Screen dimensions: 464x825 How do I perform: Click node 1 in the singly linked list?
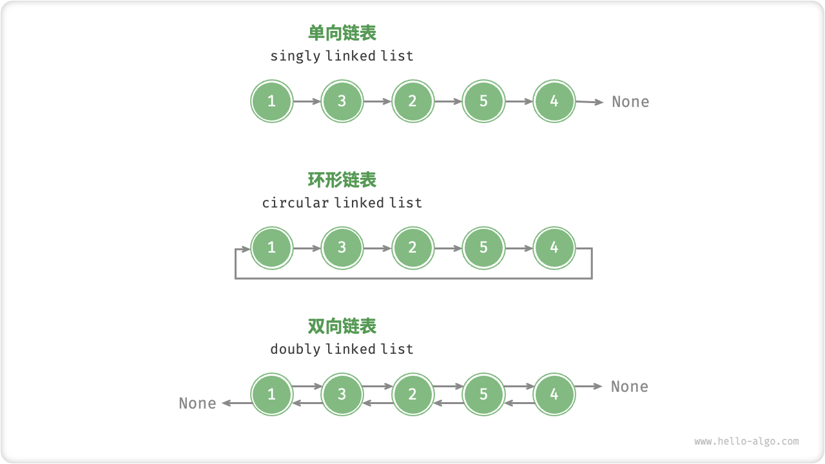[271, 101]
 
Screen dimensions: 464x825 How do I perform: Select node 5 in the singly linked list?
[483, 101]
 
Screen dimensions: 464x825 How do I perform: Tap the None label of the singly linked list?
[630, 102]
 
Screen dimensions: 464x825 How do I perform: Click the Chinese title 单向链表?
[342, 33]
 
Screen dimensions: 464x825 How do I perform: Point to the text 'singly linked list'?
[342, 56]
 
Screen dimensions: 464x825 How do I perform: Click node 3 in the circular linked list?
[342, 247]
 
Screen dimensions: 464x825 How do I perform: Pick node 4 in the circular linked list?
[554, 247]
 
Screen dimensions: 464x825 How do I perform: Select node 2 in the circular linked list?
[412, 247]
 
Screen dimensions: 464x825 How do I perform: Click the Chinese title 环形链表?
[342, 180]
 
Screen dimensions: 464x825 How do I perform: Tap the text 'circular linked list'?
[342, 203]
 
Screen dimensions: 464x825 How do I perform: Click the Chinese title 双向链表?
[342, 326]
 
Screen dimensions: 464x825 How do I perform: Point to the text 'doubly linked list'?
[342, 349]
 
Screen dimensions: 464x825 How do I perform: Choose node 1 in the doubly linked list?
[271, 394]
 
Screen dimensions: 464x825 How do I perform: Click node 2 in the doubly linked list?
[412, 394]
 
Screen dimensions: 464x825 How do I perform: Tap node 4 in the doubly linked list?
[554, 394]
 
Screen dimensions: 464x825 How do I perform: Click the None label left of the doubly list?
[197, 403]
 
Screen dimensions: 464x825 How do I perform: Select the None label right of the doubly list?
[630, 387]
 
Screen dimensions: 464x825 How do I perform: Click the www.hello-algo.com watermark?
[746, 441]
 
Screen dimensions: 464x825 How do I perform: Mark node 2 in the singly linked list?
[412, 101]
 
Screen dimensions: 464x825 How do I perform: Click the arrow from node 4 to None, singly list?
[590, 102]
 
